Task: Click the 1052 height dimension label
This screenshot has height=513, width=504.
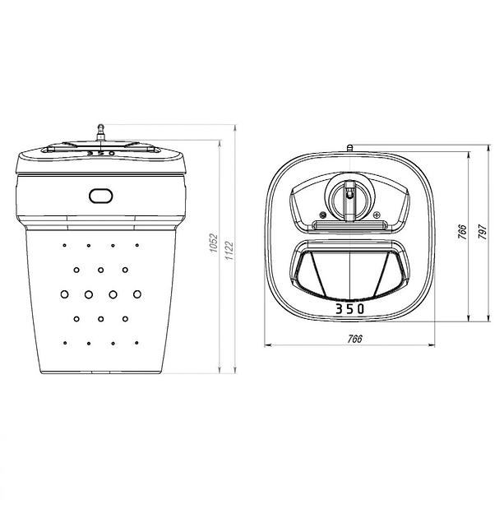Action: pyautogui.click(x=214, y=243)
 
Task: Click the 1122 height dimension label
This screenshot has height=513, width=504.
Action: pyautogui.click(x=229, y=251)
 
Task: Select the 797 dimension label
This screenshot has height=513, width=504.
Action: pyautogui.click(x=483, y=232)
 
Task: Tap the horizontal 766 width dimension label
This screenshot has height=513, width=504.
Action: pyautogui.click(x=355, y=339)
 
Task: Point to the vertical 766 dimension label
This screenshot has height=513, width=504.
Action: pyautogui.click(x=462, y=232)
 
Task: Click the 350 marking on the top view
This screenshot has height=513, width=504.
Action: pyautogui.click(x=350, y=308)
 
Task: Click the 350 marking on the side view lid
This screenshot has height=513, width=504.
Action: pyautogui.click(x=101, y=153)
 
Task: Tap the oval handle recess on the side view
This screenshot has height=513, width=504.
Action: pyautogui.click(x=101, y=196)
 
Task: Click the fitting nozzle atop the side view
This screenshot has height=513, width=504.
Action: pyautogui.click(x=101, y=132)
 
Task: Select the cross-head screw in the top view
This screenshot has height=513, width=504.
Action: pyautogui.click(x=377, y=215)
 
